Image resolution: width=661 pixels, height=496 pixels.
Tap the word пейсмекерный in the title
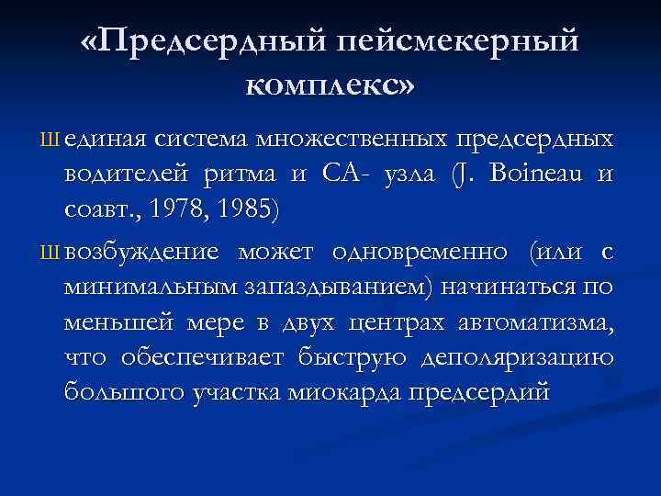tap(460, 42)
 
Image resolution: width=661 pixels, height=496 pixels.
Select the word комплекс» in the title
tap(330, 85)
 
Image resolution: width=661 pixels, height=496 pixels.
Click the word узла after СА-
tap(411, 174)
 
